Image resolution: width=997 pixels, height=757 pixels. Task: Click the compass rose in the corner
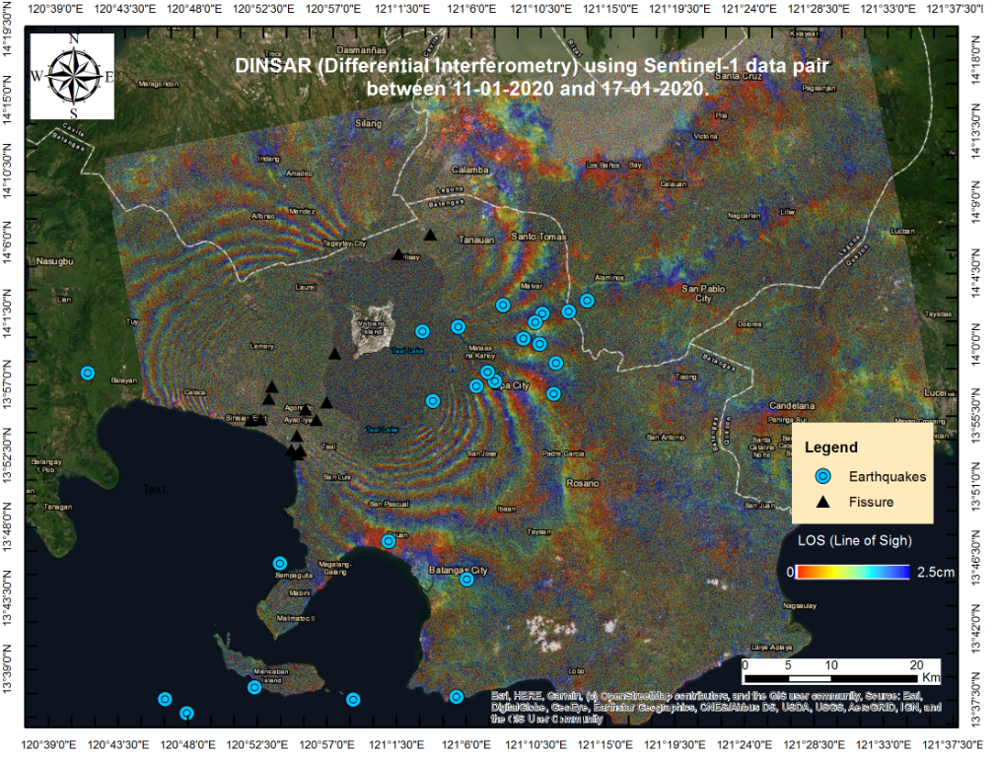coord(73,76)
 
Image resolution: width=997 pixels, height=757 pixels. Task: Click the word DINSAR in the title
coord(264,67)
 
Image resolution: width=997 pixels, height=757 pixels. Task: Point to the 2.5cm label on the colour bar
coord(935,572)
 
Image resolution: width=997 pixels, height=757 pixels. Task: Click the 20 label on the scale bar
coord(916,664)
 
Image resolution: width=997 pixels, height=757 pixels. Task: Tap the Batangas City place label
coord(459,571)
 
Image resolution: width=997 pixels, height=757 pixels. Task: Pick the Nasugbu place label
coord(54,262)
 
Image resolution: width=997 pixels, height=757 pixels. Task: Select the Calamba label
coord(471,170)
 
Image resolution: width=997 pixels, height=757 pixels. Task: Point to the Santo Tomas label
coord(538,237)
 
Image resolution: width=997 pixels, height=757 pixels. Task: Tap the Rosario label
coord(583,484)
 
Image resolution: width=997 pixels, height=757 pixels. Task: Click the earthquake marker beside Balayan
coord(88,373)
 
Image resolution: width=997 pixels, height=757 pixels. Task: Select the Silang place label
coord(368,124)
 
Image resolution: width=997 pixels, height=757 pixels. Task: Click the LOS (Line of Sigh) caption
coord(854,540)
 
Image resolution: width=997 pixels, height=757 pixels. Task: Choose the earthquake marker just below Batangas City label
coord(466,580)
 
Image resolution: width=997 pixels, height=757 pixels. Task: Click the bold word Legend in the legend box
coord(831,447)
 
